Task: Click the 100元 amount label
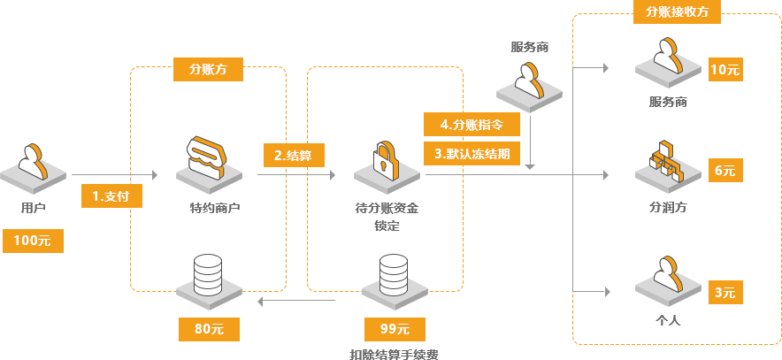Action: [33, 241]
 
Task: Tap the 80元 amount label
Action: [208, 329]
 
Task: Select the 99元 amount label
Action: [395, 329]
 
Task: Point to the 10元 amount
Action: [724, 70]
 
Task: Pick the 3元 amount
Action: [724, 293]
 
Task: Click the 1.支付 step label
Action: [104, 195]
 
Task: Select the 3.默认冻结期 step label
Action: [472, 152]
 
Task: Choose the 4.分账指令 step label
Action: [471, 125]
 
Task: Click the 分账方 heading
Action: [208, 68]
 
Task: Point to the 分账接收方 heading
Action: [676, 11]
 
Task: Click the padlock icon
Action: [385, 160]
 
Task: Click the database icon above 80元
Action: [208, 275]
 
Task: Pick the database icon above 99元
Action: [394, 275]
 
